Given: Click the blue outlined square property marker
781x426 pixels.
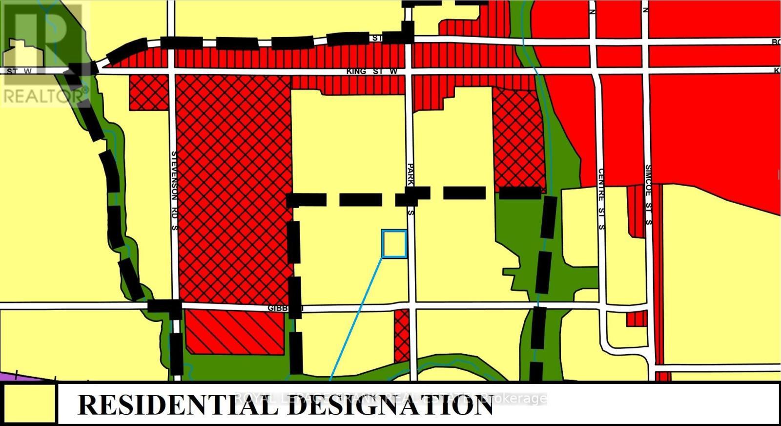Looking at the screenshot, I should (394, 244).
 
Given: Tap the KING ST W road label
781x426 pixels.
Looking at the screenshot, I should (372, 72).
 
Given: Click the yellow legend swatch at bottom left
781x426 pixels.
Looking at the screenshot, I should (30, 404).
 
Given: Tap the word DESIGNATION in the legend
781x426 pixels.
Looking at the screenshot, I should (390, 405).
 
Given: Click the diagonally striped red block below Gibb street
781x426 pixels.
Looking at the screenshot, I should (234, 332).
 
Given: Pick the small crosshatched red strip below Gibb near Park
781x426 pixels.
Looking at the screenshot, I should (402, 335).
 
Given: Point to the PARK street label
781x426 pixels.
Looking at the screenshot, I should (411, 174).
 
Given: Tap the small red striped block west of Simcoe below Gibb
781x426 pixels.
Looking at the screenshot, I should (636, 319).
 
